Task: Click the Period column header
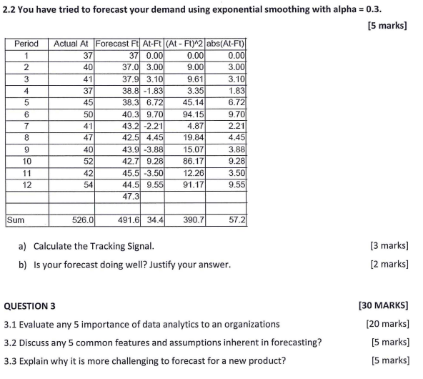[26, 44]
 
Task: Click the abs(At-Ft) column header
[227, 44]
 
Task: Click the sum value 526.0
[82, 221]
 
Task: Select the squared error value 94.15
[193, 113]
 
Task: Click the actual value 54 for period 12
[88, 183]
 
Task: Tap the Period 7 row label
[26, 125]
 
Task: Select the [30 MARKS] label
[383, 305]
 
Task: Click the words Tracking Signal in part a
[122, 246]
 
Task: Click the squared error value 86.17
[193, 160]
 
